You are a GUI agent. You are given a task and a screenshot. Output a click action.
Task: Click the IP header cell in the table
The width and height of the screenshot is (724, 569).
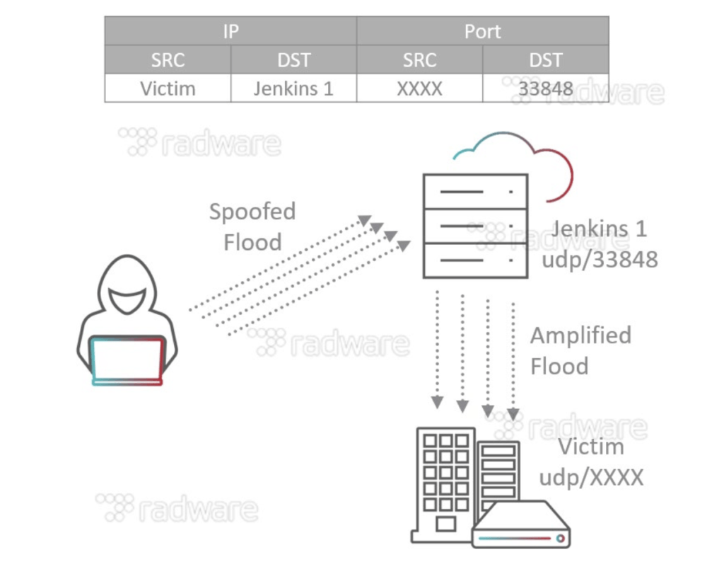[x=230, y=31]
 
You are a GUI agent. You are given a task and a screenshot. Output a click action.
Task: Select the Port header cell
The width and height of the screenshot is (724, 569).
[x=482, y=31]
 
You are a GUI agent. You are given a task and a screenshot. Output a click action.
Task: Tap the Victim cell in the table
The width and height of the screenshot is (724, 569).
[x=168, y=88]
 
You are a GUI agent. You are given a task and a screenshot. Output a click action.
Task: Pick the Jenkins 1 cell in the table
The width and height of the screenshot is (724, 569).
[x=293, y=88]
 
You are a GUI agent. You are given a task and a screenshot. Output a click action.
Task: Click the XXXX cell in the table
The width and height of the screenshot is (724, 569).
[x=419, y=88]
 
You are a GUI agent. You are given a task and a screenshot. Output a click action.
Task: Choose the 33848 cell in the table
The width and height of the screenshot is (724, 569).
[x=545, y=88]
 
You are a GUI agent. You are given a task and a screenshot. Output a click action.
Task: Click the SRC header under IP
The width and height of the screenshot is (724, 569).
[x=168, y=60]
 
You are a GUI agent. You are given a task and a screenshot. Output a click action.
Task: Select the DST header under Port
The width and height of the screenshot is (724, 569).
[x=545, y=60]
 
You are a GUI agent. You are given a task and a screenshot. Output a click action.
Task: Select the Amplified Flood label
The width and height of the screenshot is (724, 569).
[x=580, y=350]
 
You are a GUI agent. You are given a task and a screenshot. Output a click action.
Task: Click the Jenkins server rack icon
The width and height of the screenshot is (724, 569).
[x=475, y=226]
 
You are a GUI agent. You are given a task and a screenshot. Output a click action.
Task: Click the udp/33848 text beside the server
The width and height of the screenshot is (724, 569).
[x=600, y=259]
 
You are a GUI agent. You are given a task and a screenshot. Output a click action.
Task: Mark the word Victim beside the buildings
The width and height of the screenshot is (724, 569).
[x=591, y=447]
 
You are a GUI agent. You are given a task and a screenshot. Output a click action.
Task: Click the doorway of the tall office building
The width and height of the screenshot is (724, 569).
[x=445, y=524]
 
